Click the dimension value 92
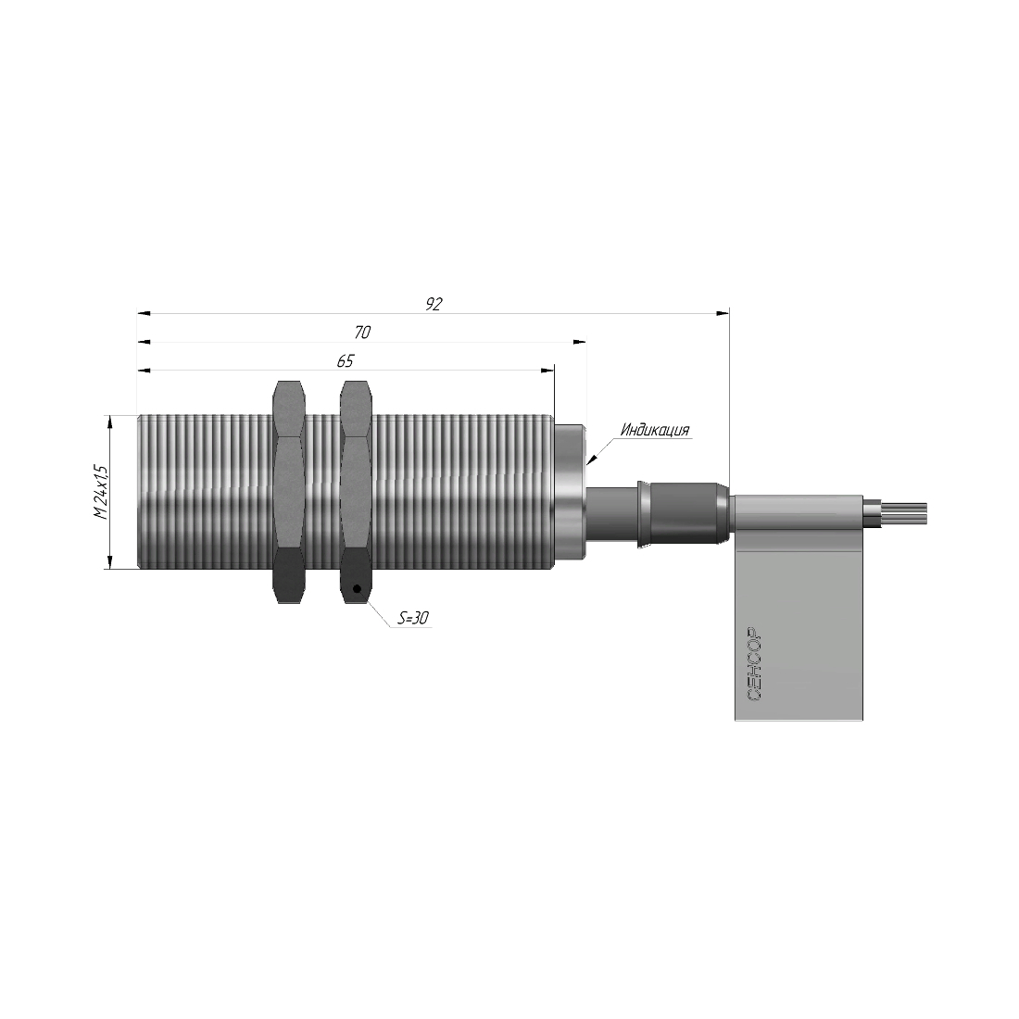[x=434, y=304]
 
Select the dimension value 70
[x=362, y=332]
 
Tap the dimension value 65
[x=346, y=360]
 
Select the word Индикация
[x=654, y=430]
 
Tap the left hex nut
[x=288, y=492]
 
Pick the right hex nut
[x=356, y=492]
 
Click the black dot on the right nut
[x=356, y=589]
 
